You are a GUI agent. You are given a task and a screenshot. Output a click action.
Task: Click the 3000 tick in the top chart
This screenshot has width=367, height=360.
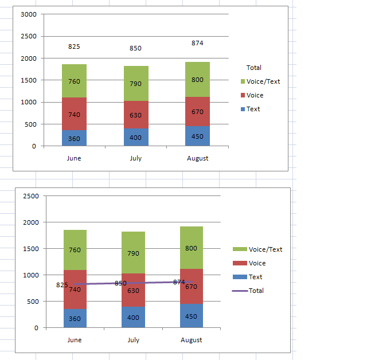[x=28, y=14]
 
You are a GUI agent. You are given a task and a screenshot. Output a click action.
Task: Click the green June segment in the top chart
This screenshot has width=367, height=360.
[x=74, y=81]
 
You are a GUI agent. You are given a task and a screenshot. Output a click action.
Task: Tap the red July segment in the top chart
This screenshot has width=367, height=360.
[x=135, y=115]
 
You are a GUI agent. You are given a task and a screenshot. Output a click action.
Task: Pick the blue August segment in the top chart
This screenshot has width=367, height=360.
[x=197, y=136]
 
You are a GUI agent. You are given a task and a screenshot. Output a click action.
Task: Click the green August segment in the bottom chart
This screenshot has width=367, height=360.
[x=191, y=248]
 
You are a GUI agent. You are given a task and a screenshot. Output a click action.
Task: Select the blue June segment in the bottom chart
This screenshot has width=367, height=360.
[x=75, y=319]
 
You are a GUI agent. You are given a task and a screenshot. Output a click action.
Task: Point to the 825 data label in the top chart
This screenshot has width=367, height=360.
[x=74, y=46]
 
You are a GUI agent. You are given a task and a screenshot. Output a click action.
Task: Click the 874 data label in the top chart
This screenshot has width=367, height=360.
[x=197, y=43]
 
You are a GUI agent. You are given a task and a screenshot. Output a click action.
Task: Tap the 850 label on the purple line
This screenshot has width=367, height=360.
[x=120, y=283]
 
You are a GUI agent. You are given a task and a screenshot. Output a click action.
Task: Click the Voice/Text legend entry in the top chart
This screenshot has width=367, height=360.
[x=263, y=81]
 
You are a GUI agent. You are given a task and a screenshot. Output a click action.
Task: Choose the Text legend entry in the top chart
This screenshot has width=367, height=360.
[x=253, y=109]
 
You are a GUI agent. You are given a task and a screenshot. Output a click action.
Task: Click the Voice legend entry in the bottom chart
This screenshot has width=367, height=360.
[x=257, y=263]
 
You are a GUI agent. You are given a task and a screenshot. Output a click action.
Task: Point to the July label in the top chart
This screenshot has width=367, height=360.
[x=135, y=158]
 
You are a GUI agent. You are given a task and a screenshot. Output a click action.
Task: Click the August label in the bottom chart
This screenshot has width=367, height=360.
[x=191, y=340]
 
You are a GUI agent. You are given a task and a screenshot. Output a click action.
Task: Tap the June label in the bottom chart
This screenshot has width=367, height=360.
[x=75, y=340]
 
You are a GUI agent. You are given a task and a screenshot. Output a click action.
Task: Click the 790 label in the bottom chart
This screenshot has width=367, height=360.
[x=133, y=253]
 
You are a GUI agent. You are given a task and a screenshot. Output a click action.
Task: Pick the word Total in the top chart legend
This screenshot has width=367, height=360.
[x=253, y=68]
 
